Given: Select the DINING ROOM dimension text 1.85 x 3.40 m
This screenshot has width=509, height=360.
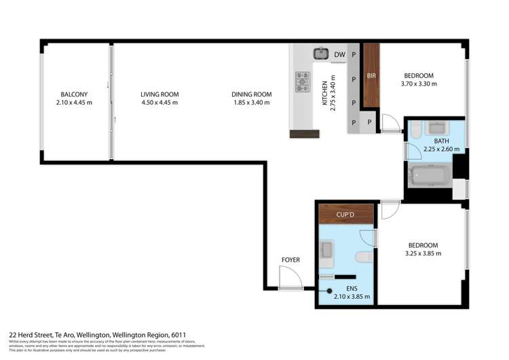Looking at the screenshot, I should pos(251,103).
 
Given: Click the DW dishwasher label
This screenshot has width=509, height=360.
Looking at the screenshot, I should pos(340,54).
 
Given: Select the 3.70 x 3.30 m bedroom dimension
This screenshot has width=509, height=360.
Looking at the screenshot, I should pos(419,84).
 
